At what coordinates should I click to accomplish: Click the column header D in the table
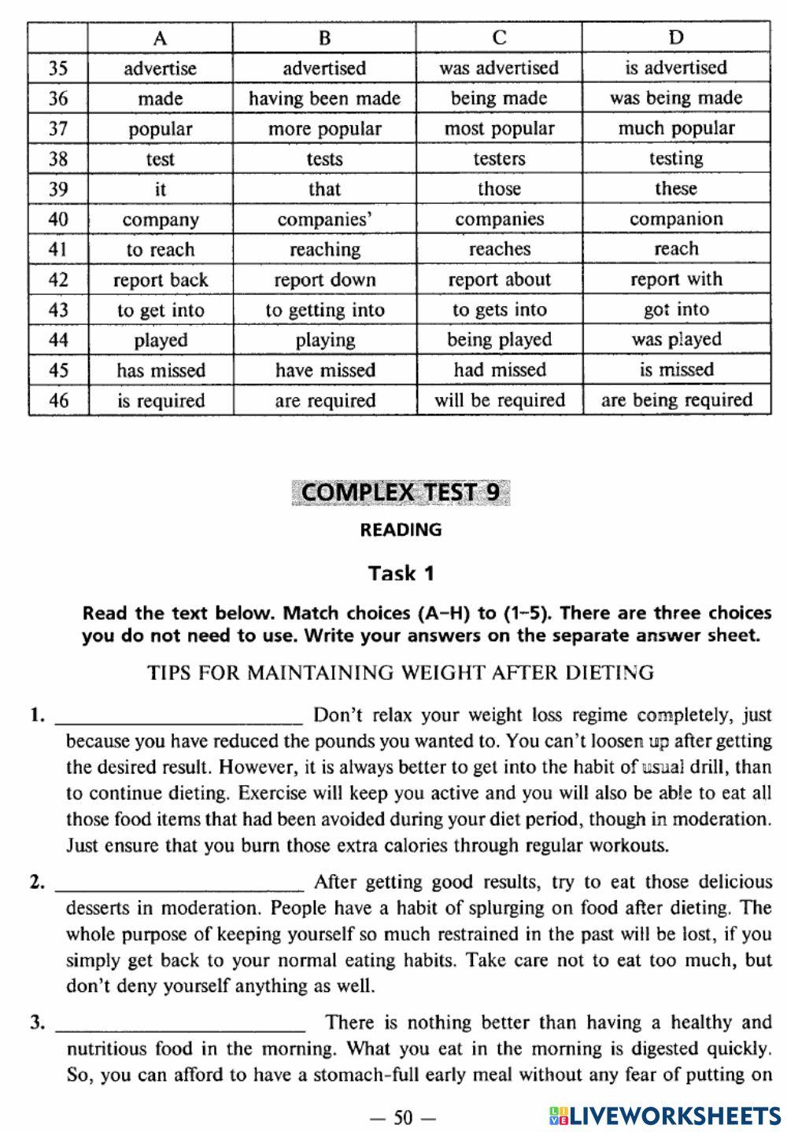[676, 37]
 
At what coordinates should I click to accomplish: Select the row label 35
[58, 68]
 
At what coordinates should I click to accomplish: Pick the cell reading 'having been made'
[324, 98]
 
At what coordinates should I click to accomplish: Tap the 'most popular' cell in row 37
[499, 128]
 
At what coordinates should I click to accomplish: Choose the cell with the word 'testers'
[499, 159]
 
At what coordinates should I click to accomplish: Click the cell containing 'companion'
[676, 219]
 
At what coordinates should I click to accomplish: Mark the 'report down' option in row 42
[324, 280]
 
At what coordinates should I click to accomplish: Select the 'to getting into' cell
[324, 310]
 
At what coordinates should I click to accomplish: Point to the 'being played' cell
[499, 340]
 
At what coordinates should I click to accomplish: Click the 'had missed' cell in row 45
[499, 371]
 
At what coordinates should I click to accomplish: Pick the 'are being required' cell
[676, 400]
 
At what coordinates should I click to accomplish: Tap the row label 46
[58, 400]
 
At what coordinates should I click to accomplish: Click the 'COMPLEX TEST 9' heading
[400, 492]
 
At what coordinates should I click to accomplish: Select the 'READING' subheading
[401, 530]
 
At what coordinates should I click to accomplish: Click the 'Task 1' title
[401, 573]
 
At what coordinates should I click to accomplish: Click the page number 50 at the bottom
[403, 1117]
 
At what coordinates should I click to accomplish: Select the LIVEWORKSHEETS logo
[664, 1115]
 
